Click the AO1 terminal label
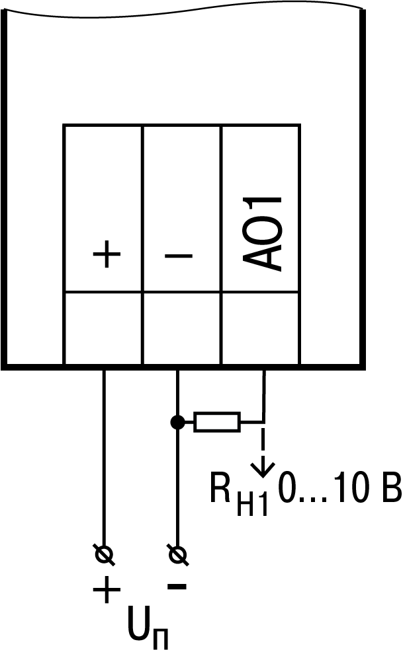click(x=263, y=233)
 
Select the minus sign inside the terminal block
click(x=177, y=256)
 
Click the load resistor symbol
click(x=217, y=422)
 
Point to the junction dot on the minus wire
click(x=177, y=422)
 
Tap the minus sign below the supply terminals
click(x=177, y=586)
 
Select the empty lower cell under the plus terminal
click(x=103, y=328)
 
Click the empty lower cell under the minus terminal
click(x=182, y=328)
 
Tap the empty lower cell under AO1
click(x=260, y=328)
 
